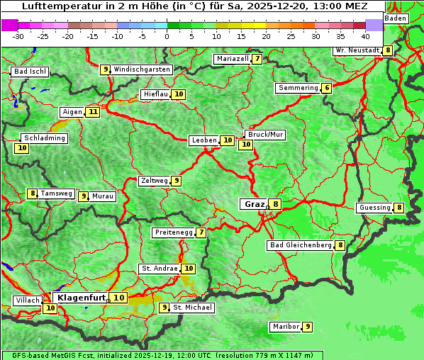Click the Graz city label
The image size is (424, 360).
[x=253, y=204]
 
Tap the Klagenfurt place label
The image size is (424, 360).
[x=82, y=298]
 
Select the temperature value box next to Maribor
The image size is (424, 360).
[x=307, y=327]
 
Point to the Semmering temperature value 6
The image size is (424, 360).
[x=326, y=88]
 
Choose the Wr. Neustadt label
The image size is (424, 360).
[x=357, y=50]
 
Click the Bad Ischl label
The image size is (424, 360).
[x=30, y=72]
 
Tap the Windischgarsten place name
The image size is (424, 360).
[x=142, y=69]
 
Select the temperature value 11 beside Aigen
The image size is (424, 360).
[x=94, y=112]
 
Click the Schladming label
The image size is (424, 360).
[x=44, y=138]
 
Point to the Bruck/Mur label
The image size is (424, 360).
[x=265, y=134]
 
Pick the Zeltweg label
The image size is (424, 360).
[x=155, y=181]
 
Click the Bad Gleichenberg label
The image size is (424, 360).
[x=301, y=245]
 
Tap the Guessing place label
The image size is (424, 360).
[x=374, y=208]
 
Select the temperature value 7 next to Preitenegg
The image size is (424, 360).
[x=201, y=232]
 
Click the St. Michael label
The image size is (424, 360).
[x=192, y=308]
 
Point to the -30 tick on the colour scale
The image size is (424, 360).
[x=18, y=35]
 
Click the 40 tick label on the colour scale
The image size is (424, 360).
[x=365, y=35]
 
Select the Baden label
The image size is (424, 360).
[x=396, y=18]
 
